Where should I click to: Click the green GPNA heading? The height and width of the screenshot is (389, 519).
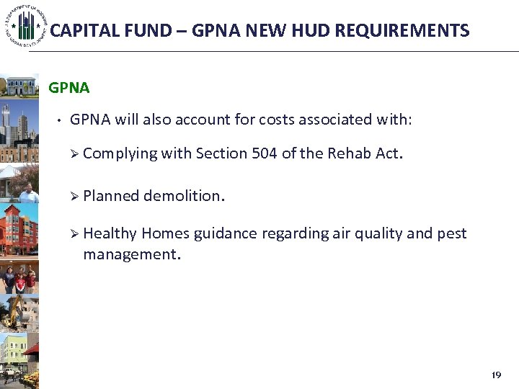pos(69,88)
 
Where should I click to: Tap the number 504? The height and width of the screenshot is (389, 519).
pos(265,153)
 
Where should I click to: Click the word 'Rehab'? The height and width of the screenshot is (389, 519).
pos(350,153)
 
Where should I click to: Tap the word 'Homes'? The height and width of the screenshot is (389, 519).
pos(162,233)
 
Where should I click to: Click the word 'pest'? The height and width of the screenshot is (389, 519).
pos(451,233)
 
